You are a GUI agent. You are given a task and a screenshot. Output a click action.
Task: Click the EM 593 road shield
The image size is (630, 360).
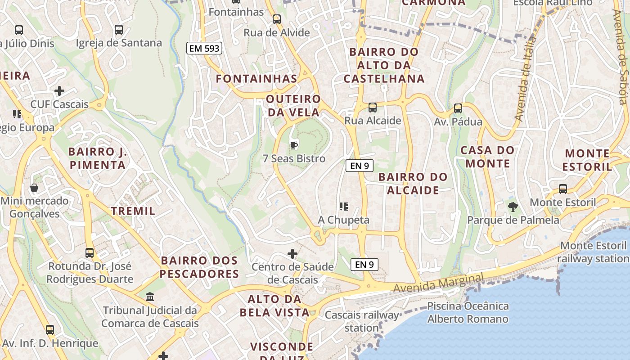(x=205, y=48)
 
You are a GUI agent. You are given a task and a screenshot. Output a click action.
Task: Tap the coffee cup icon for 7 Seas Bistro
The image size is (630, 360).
(x=294, y=145)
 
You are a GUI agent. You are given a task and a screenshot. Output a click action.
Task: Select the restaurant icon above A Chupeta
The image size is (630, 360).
(x=344, y=207)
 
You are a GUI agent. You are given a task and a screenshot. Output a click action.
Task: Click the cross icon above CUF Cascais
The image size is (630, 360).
(x=59, y=91)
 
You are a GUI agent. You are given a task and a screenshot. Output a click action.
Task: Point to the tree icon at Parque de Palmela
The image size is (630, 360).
(x=513, y=207)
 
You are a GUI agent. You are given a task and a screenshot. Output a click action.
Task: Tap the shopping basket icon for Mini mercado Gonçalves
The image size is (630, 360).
(x=34, y=188)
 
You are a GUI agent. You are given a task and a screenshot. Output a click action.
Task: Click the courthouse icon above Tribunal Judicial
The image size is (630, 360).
(x=150, y=297)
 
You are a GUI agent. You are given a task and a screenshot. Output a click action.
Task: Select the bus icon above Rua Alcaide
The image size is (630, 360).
(x=373, y=108)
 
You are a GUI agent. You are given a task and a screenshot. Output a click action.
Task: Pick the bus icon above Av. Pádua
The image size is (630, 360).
(x=458, y=108)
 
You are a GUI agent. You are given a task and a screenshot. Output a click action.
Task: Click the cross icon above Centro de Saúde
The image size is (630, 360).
(x=292, y=254)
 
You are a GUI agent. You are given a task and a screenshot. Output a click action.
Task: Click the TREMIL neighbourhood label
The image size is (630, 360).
(x=133, y=211)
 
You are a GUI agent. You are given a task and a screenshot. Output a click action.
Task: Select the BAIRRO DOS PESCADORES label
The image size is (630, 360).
(x=199, y=267)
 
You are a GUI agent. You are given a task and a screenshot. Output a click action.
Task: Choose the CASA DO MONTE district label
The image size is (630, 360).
(x=488, y=157)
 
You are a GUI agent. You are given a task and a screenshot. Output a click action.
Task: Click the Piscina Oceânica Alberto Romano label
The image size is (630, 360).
(x=468, y=313)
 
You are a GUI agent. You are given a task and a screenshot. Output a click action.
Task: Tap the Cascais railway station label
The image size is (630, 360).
(x=362, y=321)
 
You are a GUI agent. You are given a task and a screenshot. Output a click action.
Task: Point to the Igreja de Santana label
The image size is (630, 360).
(x=119, y=43)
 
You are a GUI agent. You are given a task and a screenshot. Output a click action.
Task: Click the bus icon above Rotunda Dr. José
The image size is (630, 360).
(x=90, y=253)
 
